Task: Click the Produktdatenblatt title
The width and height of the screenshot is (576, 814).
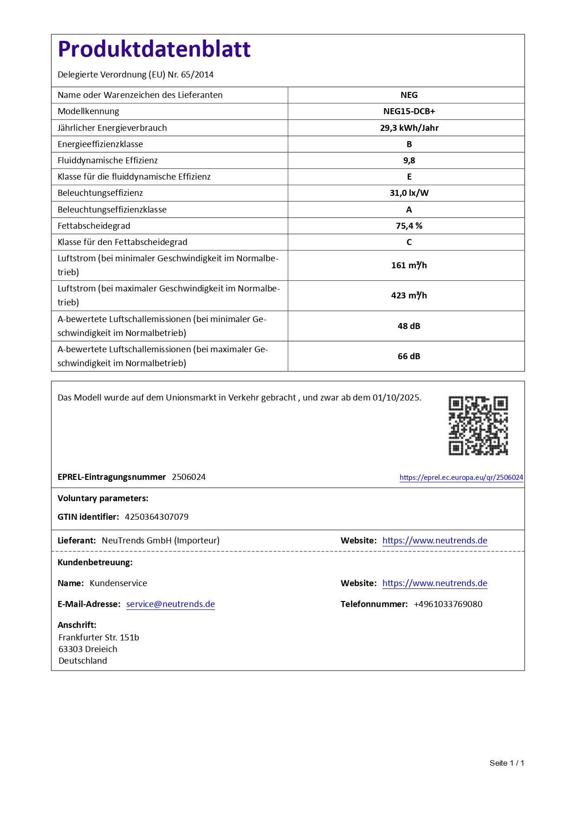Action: tap(154, 49)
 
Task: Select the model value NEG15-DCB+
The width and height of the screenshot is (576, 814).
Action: tap(409, 111)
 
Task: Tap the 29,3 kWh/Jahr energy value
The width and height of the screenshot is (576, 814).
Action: tap(409, 128)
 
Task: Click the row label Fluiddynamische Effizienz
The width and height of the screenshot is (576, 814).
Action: tap(108, 161)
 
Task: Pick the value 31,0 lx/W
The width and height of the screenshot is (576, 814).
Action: tap(409, 193)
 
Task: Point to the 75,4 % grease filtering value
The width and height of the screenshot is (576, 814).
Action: tap(409, 226)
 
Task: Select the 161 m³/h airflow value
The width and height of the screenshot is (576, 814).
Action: tap(409, 265)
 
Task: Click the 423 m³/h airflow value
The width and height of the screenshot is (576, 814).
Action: tap(409, 296)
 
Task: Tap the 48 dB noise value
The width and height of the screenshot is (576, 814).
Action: tap(409, 326)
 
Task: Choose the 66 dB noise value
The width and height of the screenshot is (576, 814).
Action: tap(409, 356)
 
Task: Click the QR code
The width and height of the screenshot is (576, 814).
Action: tap(478, 426)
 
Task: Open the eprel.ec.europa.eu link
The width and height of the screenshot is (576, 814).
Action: tap(461, 478)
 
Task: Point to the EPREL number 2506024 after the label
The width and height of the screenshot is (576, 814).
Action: tap(188, 477)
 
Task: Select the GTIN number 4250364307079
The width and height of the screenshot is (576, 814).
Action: tap(156, 517)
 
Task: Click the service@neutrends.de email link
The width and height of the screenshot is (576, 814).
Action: tap(170, 604)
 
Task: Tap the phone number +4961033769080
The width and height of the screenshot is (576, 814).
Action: tap(448, 604)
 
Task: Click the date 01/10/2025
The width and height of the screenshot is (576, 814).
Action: tap(396, 398)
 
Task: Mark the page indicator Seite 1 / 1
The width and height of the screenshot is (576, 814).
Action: tap(506, 763)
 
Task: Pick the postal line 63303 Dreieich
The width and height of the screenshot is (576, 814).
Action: tap(88, 649)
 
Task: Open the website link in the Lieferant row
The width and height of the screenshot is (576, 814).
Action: tap(434, 541)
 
